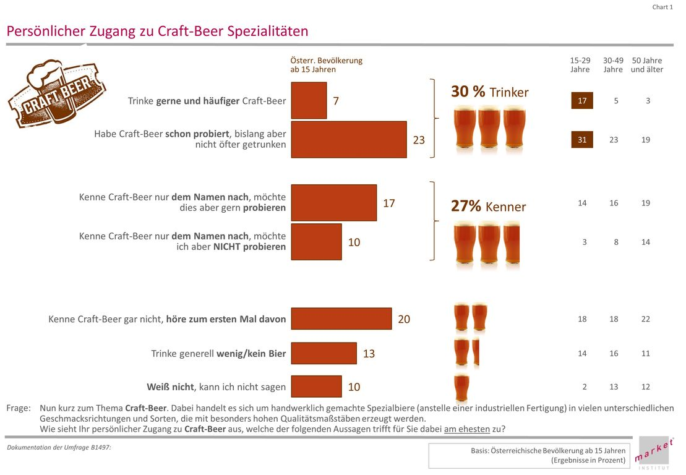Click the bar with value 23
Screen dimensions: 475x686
[x=349, y=139]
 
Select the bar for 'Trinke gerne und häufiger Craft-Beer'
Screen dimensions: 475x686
[x=309, y=100]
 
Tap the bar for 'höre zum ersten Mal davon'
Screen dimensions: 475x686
[x=341, y=319]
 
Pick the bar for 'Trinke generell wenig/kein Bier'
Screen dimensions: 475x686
[x=324, y=353]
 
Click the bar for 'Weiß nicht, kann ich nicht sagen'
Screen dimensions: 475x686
[x=316, y=387]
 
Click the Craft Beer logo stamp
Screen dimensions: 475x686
[x=56, y=93]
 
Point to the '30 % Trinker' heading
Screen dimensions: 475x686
[x=489, y=92]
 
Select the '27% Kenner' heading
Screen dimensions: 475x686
[x=488, y=207]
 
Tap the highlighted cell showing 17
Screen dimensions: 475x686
[x=581, y=100]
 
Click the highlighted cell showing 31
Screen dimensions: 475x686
[x=581, y=140]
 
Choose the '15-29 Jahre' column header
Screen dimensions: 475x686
[x=580, y=65]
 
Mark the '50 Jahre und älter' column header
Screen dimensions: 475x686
[x=646, y=65]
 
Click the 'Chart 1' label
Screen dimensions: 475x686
[x=662, y=7]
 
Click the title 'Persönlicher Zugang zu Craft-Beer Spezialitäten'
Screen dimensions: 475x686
[x=157, y=31]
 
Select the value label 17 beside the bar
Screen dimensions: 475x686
[x=388, y=203]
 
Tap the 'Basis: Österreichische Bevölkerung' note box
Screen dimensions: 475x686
[x=530, y=455]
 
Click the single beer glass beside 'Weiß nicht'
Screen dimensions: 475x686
[x=461, y=388]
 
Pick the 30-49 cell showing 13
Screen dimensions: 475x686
[x=614, y=387]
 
